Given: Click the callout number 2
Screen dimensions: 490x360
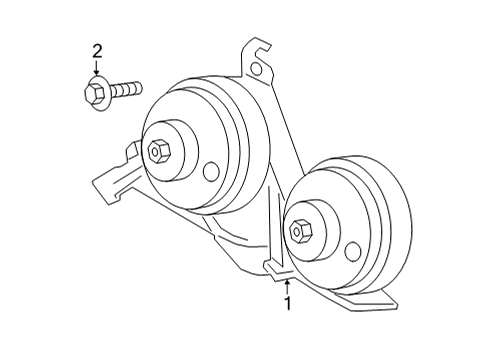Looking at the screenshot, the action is click(97, 51).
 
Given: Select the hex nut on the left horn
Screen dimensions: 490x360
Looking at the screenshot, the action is click(157, 153).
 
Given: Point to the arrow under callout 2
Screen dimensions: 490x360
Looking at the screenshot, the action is click(97, 70).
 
